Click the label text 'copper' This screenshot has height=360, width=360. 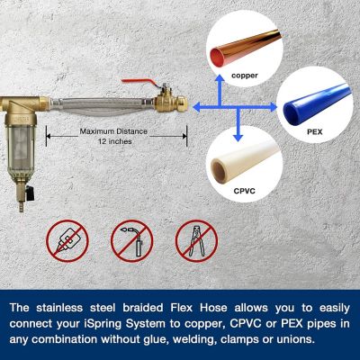coord(245,76)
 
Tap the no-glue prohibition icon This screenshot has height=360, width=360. coord(67,240)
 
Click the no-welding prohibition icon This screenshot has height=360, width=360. coord(131,240)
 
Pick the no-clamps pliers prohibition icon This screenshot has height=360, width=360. coord(196,240)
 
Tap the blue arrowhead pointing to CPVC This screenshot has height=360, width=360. coord(237,136)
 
